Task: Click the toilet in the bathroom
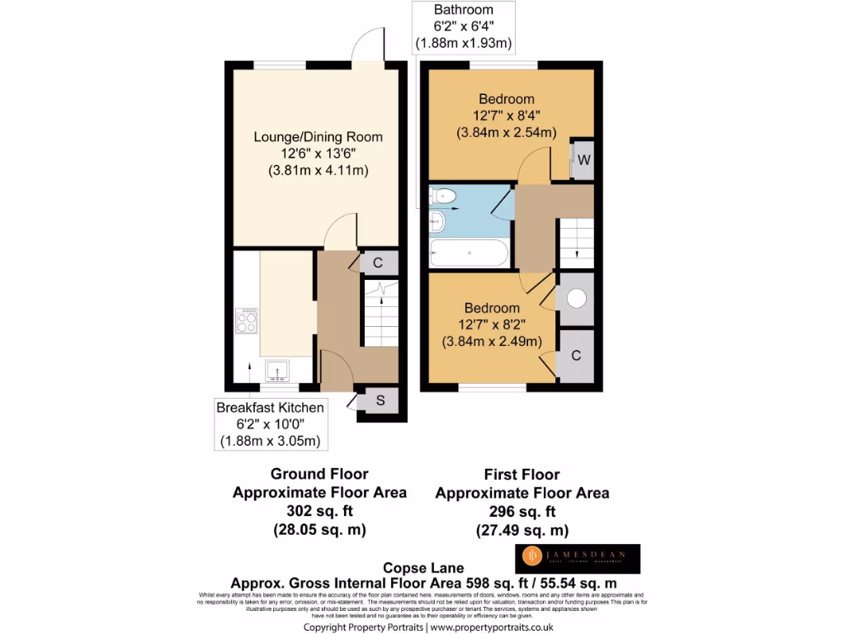444,196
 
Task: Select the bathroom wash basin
437,221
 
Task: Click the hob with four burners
247,320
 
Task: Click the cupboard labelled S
380,401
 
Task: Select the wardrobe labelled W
583,159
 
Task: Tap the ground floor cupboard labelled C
378,263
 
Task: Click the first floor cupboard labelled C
576,356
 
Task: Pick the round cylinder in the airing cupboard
576,300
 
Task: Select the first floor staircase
576,243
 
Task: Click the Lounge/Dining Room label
318,137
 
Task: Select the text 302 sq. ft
319,511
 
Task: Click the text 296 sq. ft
522,512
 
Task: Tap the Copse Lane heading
422,568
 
